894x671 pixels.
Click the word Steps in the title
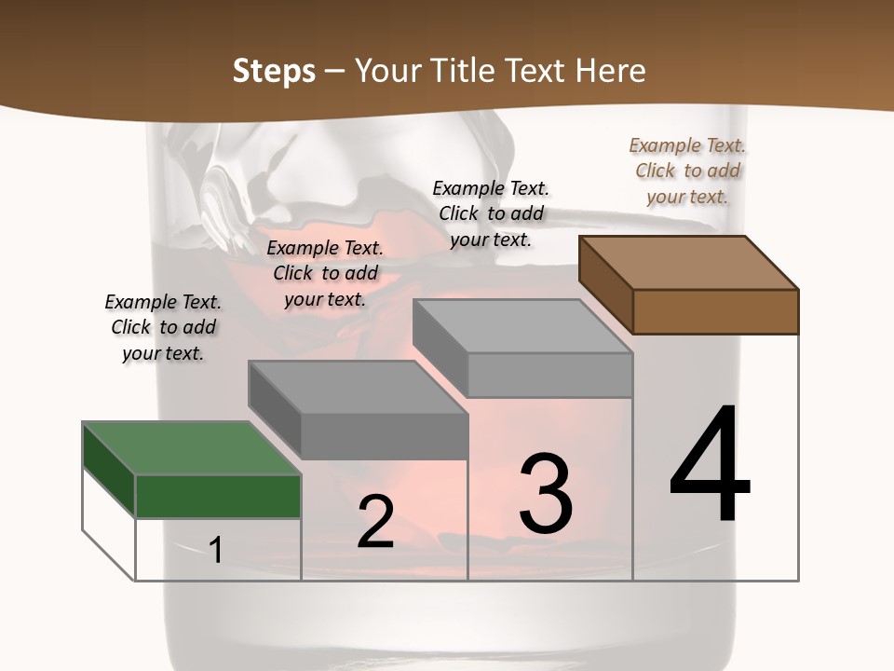point(274,72)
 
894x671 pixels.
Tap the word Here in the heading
point(611,72)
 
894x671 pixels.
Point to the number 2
point(375,522)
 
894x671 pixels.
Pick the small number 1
point(216,550)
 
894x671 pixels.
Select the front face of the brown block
point(715,311)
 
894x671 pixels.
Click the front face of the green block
point(218,496)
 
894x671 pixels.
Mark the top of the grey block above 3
point(522,326)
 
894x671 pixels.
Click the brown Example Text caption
point(687,171)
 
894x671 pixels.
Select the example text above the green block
point(163,327)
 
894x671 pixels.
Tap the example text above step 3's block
point(491,213)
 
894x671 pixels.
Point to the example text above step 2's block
point(325,273)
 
